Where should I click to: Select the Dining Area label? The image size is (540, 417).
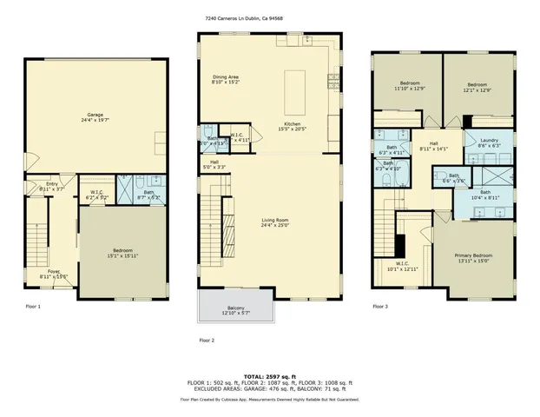tap(227, 81)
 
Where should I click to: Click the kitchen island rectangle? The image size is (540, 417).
tap(294, 87)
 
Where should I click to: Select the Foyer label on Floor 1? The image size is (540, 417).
tap(54, 272)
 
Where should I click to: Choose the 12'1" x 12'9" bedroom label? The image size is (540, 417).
tap(477, 86)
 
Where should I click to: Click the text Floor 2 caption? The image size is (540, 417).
tap(206, 341)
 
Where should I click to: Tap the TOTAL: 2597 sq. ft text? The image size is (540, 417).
tap(269, 375)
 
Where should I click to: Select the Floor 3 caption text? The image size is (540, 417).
tap(379, 306)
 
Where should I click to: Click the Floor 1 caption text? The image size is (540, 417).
tap(33, 306)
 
